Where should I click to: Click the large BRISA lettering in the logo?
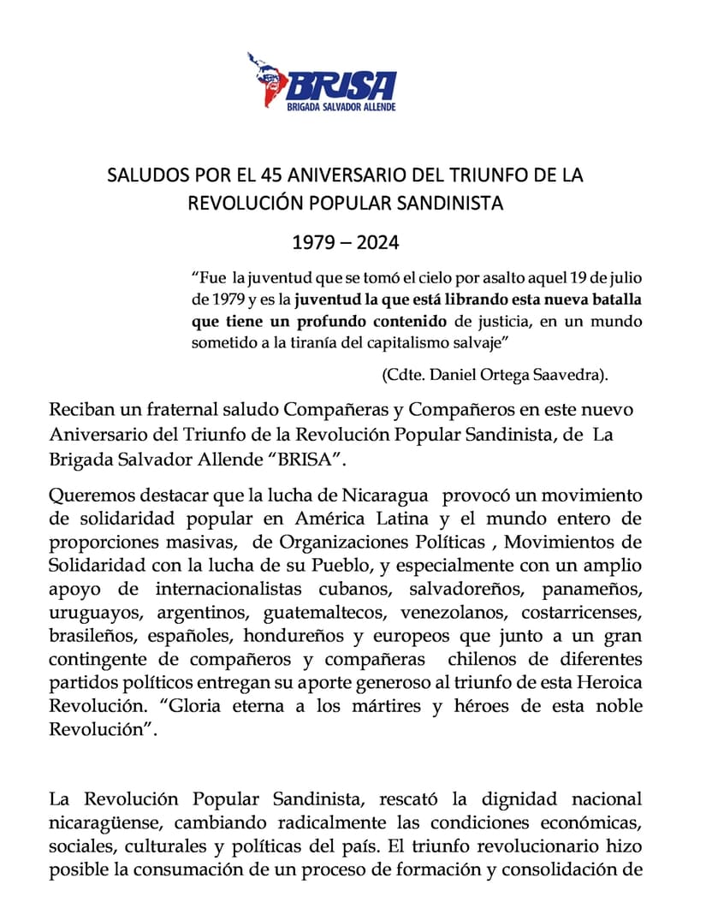[342, 85]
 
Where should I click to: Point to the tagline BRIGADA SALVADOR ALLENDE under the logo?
[342, 107]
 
